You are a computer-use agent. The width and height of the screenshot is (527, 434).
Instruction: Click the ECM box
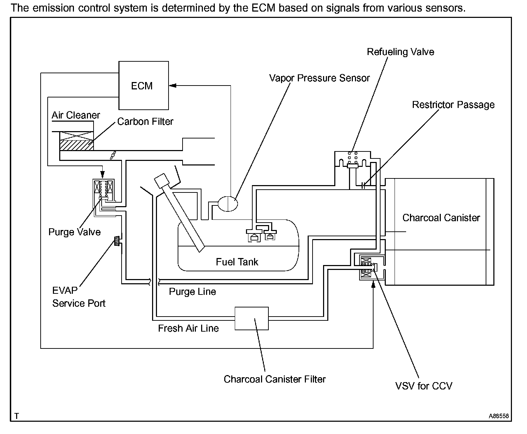click(x=143, y=86)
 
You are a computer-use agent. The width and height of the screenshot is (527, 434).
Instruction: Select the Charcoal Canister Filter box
click(x=252, y=318)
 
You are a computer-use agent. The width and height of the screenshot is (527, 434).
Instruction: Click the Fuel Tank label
click(x=237, y=262)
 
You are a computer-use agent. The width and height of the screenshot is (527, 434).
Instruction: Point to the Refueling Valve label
click(x=400, y=52)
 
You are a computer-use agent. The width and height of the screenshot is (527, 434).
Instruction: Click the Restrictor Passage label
click(x=453, y=105)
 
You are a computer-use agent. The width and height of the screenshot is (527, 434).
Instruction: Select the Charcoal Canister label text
click(x=441, y=218)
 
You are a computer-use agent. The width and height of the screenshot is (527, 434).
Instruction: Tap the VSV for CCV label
click(x=424, y=386)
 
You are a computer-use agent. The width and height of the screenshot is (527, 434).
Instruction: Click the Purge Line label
click(x=192, y=292)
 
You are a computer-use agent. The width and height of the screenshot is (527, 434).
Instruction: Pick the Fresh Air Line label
click(x=188, y=328)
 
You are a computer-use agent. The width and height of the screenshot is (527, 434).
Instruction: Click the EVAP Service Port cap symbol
click(x=117, y=241)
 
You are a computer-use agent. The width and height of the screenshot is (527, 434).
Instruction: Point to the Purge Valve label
click(x=74, y=232)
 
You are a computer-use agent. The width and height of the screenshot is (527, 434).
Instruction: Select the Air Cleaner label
click(x=76, y=115)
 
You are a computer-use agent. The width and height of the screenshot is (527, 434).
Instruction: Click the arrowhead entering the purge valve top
click(x=103, y=175)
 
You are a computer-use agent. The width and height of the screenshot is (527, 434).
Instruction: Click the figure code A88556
click(x=499, y=416)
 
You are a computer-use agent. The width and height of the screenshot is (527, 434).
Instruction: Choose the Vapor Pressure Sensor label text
click(x=319, y=78)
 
